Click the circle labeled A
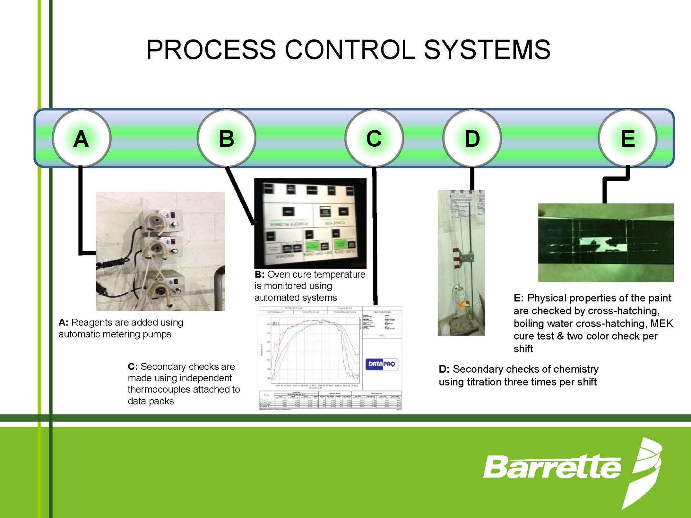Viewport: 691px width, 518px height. click(x=81, y=138)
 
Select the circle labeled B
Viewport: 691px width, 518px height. click(x=226, y=138)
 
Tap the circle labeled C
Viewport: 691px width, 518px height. click(x=374, y=138)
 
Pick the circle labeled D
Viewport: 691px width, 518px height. click(x=472, y=138)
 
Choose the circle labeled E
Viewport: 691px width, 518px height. click(x=628, y=138)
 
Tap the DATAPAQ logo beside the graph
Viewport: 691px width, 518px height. click(x=381, y=364)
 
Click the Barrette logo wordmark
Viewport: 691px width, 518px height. click(x=552, y=467)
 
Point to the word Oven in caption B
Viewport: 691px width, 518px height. click(x=279, y=274)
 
